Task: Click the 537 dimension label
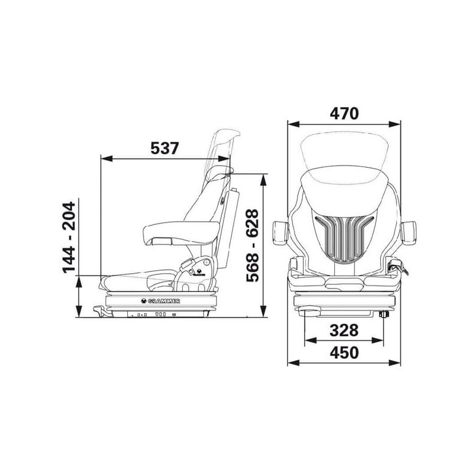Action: point(165,148)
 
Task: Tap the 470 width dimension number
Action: point(345,114)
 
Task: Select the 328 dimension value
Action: point(344,330)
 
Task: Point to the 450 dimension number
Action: point(345,352)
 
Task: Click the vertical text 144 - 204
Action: point(68,237)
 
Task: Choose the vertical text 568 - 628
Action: point(252,246)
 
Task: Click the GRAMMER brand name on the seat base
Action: point(164,301)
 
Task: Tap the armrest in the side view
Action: point(181,233)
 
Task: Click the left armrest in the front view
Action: point(280,233)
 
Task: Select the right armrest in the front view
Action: point(408,233)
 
